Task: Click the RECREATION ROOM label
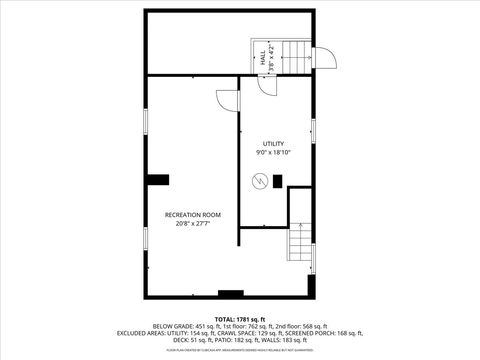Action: point(193,215)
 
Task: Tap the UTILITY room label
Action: point(273,144)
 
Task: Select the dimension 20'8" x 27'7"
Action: point(193,224)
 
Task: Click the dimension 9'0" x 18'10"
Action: point(273,153)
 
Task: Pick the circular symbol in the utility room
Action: point(260,181)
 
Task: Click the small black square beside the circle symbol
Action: point(277,181)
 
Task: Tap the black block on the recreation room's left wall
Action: point(157,180)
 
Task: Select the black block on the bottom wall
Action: point(231,294)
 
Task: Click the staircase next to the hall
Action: point(296,57)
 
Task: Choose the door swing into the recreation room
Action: point(227,99)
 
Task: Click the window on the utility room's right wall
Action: point(313,131)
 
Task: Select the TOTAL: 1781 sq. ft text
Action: point(239,319)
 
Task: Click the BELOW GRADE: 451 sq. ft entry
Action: point(185,327)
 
